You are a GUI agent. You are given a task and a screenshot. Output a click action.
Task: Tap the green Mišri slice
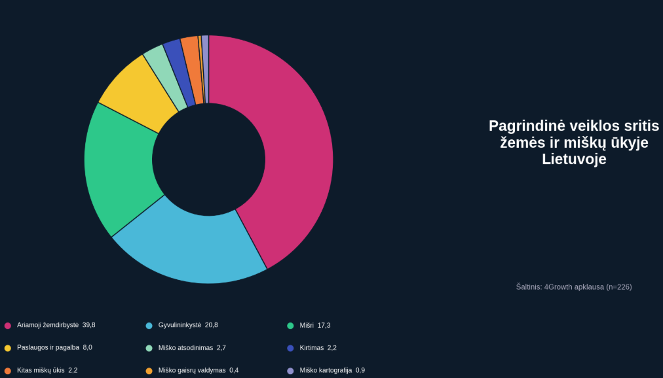(121, 170)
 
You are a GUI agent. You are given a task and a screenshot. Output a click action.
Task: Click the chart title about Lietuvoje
(574, 142)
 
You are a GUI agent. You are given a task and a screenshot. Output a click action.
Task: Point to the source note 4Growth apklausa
(574, 286)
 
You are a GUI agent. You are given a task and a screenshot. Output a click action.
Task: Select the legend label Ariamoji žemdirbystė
(48, 325)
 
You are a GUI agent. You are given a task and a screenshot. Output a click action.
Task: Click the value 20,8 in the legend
(212, 325)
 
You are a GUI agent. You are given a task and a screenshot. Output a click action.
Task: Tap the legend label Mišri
(307, 325)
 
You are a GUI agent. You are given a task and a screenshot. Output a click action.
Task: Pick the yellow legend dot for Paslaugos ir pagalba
(8, 348)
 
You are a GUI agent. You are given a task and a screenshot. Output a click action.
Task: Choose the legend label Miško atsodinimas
(185, 348)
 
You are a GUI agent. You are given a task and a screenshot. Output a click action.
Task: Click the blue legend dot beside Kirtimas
(290, 348)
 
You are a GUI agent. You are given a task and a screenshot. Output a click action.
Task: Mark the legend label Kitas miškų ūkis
(41, 370)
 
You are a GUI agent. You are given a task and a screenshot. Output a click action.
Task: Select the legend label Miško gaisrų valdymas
(192, 370)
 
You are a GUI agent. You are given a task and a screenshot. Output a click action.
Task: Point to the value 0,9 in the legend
(360, 370)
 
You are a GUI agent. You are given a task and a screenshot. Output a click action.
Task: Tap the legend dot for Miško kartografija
(290, 371)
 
